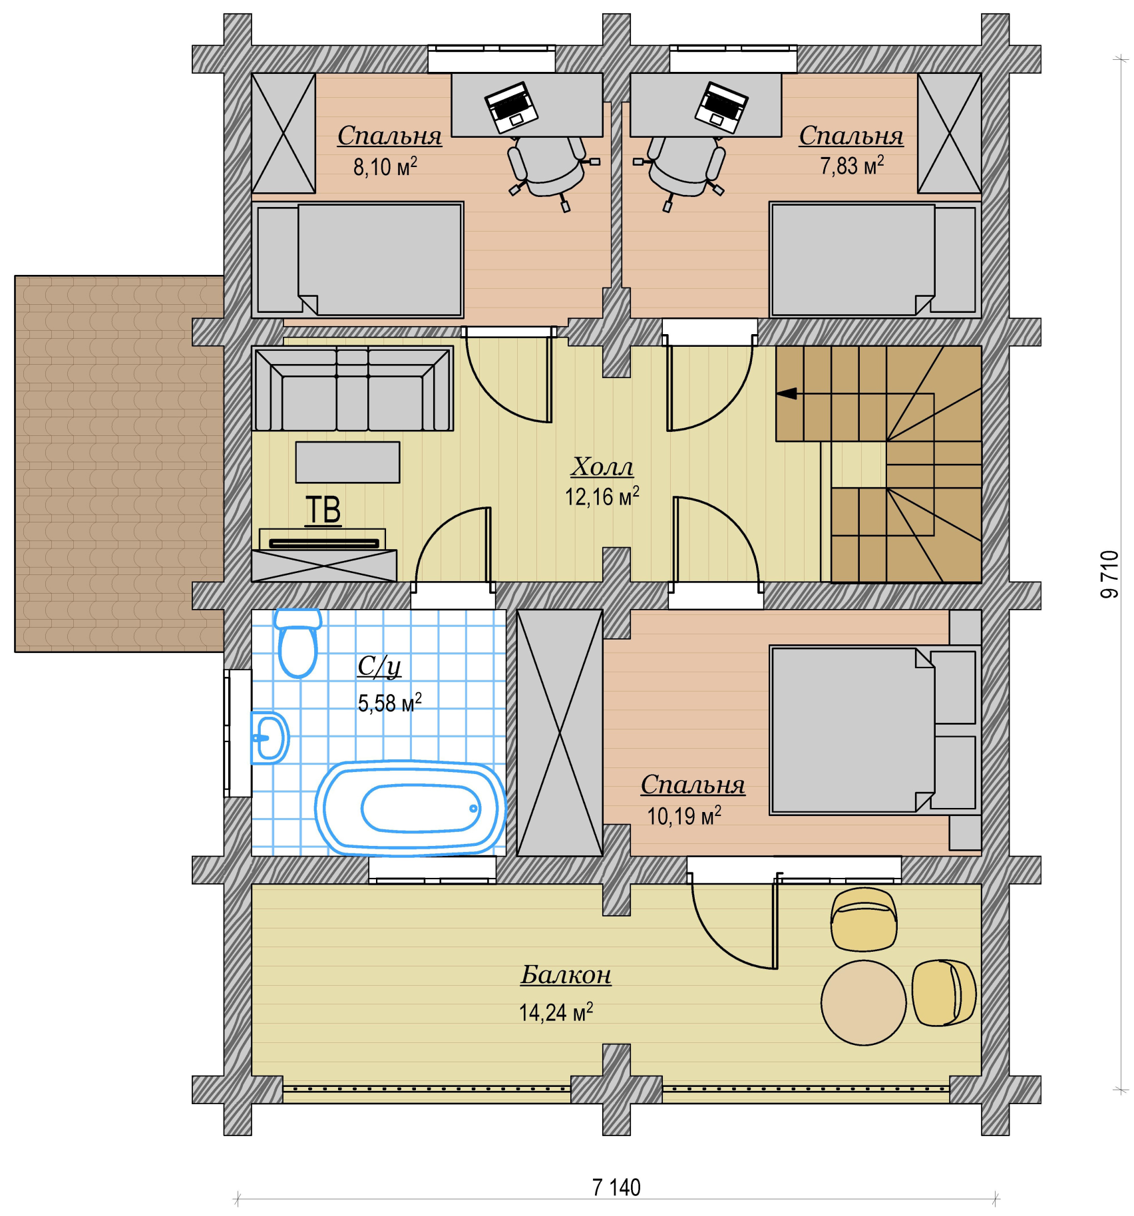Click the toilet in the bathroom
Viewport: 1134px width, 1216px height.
297,642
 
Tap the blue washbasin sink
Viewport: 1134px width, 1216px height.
270,737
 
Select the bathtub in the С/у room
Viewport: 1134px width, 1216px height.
411,808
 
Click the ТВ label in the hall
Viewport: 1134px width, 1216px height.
323,510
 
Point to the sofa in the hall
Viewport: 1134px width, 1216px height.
353,389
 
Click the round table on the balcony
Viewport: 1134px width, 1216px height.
863,1002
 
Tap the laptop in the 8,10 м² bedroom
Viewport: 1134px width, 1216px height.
512,107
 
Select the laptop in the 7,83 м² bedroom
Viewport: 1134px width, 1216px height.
721,107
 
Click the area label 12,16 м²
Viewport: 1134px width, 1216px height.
602,496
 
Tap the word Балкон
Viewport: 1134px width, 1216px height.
566,975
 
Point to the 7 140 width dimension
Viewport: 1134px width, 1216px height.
616,1187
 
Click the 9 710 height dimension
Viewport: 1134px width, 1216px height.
1109,574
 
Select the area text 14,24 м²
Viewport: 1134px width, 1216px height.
556,1012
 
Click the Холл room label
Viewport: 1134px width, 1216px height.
602,467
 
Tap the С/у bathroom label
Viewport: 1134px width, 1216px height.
379,666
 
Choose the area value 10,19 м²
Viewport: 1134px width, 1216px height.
684,815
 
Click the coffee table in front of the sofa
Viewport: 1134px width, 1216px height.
348,462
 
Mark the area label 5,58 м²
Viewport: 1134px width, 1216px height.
389,702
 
